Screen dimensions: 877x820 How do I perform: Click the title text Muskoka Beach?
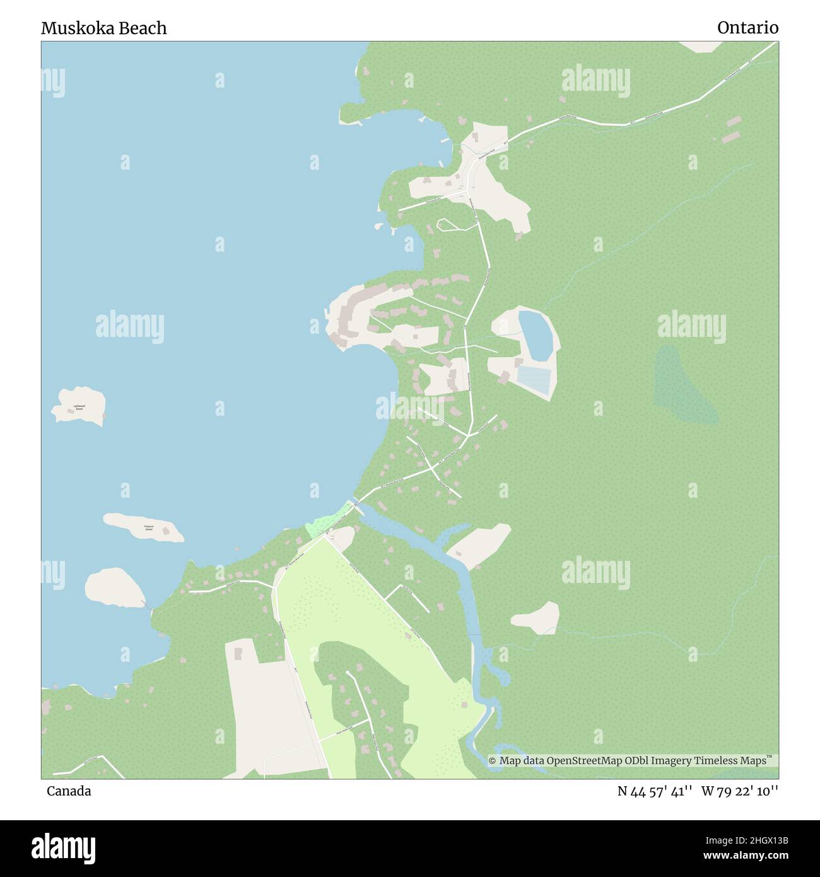click(x=104, y=28)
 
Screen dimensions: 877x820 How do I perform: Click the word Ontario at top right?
click(x=747, y=28)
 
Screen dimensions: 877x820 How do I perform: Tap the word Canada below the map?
click(x=69, y=791)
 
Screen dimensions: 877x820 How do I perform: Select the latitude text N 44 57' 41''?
click(x=656, y=791)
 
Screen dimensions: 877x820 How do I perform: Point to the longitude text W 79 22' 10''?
click(x=740, y=791)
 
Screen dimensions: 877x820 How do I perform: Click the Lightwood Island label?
click(x=78, y=407)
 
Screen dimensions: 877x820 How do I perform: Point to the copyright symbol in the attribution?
click(x=493, y=761)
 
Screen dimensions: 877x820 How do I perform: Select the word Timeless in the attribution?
click(x=715, y=761)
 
